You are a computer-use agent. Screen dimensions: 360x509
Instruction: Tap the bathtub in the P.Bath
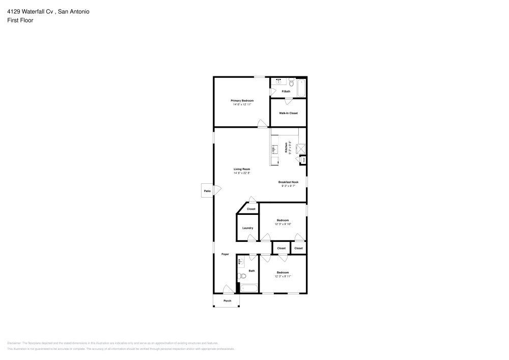[301, 88]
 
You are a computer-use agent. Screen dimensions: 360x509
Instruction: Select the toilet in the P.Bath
[292, 82]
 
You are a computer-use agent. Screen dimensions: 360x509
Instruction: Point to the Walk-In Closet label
[288, 113]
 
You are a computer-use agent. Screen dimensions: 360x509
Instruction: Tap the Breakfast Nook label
[288, 182]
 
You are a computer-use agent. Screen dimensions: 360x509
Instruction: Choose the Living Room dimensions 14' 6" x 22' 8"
[242, 173]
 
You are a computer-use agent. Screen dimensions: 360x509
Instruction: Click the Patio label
[207, 191]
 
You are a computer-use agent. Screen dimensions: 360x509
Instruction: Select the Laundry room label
[248, 228]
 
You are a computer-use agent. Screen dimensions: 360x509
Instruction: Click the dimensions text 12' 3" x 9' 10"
[282, 224]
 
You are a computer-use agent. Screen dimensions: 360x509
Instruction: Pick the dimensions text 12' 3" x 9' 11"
[282, 276]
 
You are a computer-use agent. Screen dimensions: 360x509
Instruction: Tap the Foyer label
[225, 254]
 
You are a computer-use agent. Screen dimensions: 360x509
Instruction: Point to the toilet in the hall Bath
[242, 276]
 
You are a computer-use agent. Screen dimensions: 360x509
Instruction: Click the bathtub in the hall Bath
[249, 289]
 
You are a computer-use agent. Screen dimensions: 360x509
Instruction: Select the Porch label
[228, 301]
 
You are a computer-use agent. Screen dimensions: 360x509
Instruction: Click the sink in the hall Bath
[240, 262]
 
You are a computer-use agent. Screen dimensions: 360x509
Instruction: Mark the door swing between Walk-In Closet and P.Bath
[288, 100]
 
